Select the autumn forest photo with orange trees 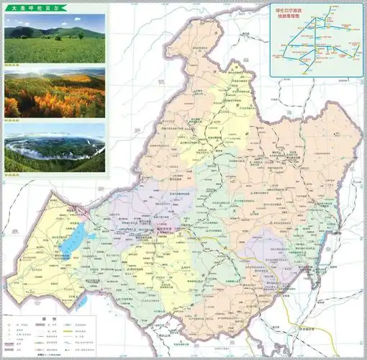[54, 93]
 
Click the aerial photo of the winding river [54, 148]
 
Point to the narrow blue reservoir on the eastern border [332, 238]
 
